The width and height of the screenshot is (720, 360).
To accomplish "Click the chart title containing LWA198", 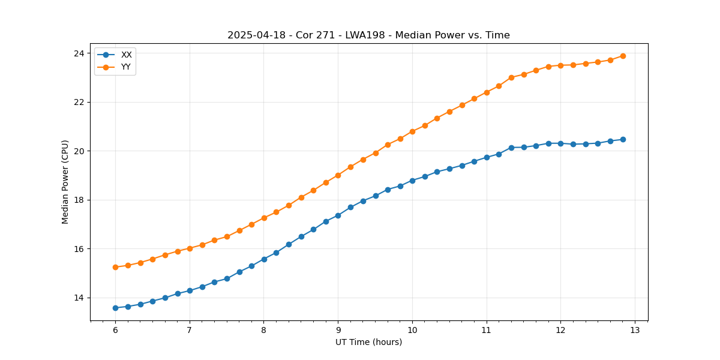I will click(368, 35).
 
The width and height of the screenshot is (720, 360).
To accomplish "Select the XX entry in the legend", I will click(126, 55).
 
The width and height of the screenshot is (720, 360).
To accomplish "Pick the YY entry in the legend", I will click(126, 67).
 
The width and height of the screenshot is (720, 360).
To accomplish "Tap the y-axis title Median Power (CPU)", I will click(65, 182).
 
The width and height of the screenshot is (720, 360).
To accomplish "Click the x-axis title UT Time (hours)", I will click(368, 343).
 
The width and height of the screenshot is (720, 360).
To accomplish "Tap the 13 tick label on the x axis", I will click(635, 331).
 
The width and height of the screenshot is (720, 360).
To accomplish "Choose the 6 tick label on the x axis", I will click(115, 331).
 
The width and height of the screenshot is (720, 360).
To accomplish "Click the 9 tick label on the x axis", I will click(338, 331).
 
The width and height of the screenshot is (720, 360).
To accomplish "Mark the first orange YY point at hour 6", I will click(115, 267).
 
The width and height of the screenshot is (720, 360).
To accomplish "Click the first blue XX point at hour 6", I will click(115, 308).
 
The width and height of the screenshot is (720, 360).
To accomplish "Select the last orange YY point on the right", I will click(623, 56).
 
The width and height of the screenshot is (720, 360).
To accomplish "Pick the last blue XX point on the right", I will click(623, 139).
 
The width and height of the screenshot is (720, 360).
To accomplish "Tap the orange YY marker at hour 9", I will click(338, 175).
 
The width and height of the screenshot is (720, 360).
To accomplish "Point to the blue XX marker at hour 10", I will click(412, 181).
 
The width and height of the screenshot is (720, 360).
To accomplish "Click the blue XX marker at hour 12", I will click(560, 143).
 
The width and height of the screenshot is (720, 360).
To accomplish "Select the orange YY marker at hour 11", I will click(487, 92).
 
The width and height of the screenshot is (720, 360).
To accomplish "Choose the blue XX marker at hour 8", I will click(264, 259).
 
